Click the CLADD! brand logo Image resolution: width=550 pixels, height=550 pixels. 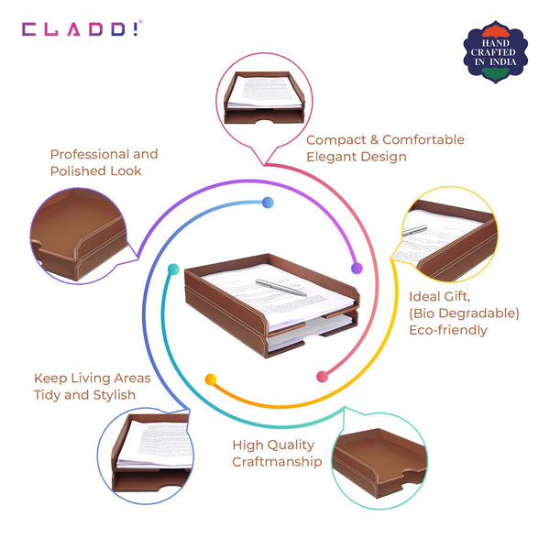coord(82,28)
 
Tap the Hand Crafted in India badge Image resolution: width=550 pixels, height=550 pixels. coord(495,52)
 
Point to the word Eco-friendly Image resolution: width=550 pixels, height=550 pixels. coord(448,330)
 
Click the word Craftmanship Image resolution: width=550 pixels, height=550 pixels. coord(277,462)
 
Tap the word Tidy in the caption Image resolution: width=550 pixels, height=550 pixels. coord(47,395)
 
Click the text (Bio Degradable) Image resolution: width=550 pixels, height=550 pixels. coord(464,313)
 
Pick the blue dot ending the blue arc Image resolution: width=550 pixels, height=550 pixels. coord(268,203)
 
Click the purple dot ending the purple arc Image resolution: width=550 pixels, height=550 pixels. coord(357,269)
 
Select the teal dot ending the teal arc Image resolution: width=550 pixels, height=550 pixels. coord(173,269)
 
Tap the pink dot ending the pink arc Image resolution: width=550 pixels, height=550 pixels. coord(322,377)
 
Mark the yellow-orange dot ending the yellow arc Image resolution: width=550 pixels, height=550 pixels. coord(211,379)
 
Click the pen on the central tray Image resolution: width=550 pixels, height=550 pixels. coord(280,288)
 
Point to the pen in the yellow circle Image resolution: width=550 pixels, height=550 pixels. coord(414,230)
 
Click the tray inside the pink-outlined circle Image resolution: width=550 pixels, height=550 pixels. coord(264,97)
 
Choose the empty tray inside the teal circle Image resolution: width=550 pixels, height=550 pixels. coord(379,462)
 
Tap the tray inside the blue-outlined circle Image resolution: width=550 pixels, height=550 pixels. coord(151,453)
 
